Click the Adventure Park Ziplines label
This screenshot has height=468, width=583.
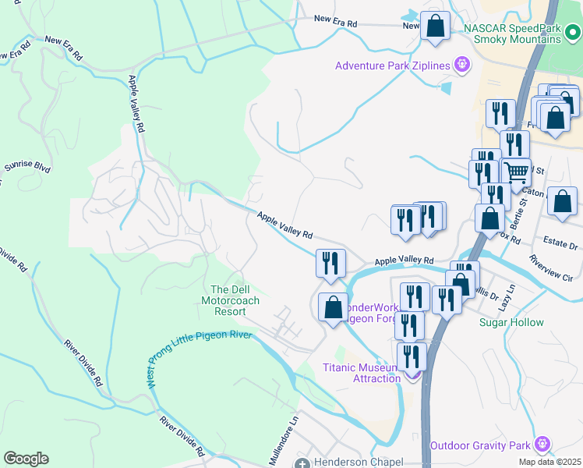[x=393, y=66]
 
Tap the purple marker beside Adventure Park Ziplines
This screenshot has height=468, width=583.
[x=462, y=64]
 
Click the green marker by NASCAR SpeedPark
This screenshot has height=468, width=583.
[x=571, y=33]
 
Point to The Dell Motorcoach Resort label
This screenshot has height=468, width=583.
[x=230, y=300]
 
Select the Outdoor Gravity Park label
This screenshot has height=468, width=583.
[x=481, y=445]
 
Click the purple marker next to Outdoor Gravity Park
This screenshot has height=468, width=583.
[x=542, y=445]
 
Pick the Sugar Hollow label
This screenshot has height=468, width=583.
[x=511, y=322]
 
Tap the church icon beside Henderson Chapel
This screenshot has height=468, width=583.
[x=302, y=463]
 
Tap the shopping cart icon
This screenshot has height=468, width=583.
[x=515, y=171]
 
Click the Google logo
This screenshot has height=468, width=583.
[x=26, y=459]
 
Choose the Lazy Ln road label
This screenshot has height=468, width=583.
[x=507, y=296]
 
